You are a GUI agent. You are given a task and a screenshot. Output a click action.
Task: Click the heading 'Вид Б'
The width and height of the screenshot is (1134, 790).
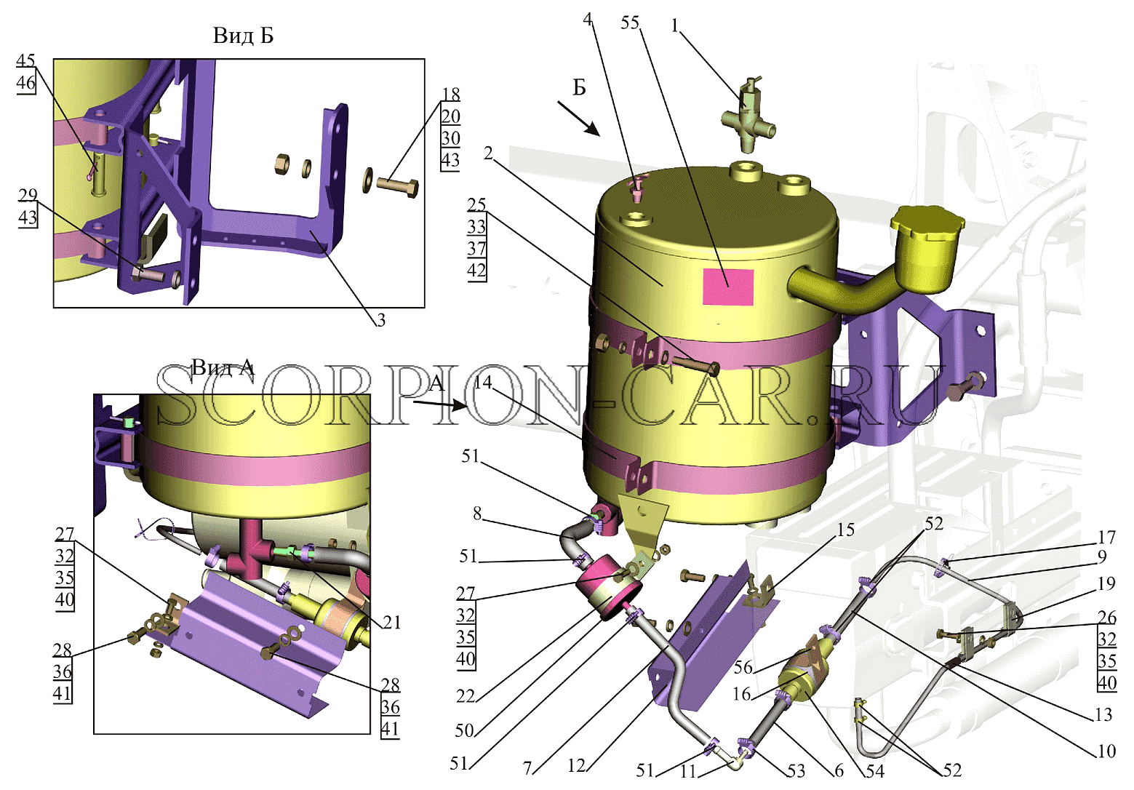(x=243, y=36)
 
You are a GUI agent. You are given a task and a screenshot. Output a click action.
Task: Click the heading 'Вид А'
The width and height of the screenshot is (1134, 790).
(x=223, y=367)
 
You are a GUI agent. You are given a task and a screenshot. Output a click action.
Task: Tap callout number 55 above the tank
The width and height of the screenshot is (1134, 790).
(x=630, y=23)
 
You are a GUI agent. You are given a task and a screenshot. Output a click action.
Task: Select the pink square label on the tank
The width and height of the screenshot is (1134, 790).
(x=728, y=287)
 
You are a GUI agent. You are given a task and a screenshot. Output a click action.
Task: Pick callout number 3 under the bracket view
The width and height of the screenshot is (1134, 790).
(x=380, y=319)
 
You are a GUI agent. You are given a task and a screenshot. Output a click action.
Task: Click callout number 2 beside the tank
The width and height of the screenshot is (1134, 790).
(x=487, y=153)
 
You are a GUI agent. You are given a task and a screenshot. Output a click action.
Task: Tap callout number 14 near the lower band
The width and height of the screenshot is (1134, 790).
(x=484, y=382)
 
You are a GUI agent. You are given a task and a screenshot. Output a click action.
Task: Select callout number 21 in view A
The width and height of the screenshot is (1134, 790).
(x=391, y=622)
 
